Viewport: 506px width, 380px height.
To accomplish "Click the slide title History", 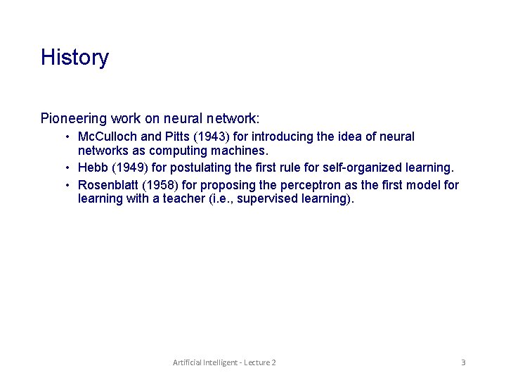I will (x=74, y=58).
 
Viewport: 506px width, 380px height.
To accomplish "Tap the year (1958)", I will (x=161, y=185).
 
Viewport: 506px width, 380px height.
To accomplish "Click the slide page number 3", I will (x=463, y=362).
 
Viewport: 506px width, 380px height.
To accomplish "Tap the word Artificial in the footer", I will (x=188, y=362).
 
